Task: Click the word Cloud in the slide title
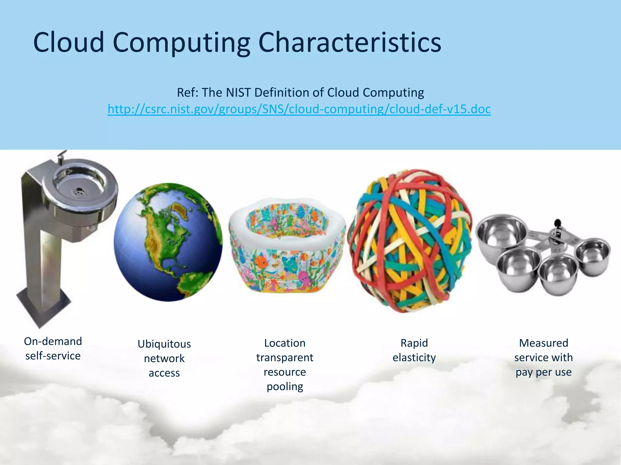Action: (x=69, y=42)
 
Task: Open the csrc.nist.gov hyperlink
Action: (x=299, y=109)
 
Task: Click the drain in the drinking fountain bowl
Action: (x=79, y=191)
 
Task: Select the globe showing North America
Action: (x=168, y=242)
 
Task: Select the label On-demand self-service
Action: (x=53, y=348)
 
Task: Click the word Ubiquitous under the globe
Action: (x=164, y=344)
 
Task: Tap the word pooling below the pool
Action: (x=285, y=387)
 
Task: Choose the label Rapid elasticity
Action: (x=414, y=350)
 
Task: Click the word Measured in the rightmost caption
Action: (x=543, y=343)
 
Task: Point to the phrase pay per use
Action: (x=543, y=372)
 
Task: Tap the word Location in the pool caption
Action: (x=285, y=343)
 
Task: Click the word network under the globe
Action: (x=164, y=359)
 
